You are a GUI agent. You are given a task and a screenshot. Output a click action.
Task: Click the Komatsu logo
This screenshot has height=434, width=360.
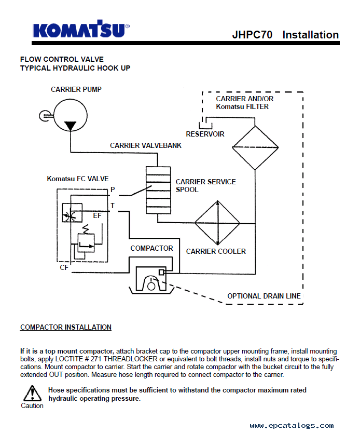81,29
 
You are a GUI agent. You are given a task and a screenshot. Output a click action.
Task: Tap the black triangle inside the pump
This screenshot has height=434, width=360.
70,126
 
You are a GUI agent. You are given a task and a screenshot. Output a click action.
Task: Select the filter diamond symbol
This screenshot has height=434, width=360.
255,147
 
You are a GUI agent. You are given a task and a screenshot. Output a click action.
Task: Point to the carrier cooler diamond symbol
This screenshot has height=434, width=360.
217,223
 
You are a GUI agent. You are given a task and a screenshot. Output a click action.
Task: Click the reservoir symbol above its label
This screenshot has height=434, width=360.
206,126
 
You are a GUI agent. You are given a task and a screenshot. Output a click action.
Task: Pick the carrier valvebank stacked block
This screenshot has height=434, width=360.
158,190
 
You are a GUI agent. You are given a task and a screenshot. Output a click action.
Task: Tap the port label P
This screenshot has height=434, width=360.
113,189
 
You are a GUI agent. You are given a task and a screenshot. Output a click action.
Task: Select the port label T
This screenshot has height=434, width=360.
113,206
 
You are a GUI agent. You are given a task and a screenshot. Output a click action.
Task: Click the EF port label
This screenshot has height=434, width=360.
98,215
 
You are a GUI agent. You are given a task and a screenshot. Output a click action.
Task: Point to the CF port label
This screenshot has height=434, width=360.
64,267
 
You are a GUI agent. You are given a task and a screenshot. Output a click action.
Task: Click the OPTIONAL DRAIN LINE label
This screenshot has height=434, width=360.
264,296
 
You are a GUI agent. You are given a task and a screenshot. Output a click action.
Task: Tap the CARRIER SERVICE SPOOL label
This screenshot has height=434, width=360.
206,186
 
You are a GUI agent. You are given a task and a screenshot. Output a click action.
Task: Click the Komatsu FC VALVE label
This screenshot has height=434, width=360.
78,179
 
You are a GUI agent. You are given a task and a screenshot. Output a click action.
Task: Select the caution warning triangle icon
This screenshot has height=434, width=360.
32,394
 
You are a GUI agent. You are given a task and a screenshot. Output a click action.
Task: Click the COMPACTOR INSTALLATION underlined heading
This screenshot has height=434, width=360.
66,327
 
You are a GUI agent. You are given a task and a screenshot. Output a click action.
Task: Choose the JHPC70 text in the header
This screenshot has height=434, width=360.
252,35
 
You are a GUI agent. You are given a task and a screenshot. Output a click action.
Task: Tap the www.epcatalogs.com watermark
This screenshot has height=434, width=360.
292,425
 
